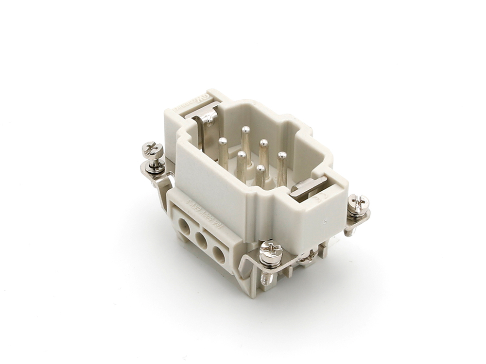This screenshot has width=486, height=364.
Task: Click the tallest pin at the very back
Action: point(246,131)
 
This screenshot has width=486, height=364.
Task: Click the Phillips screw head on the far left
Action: point(153,149)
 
